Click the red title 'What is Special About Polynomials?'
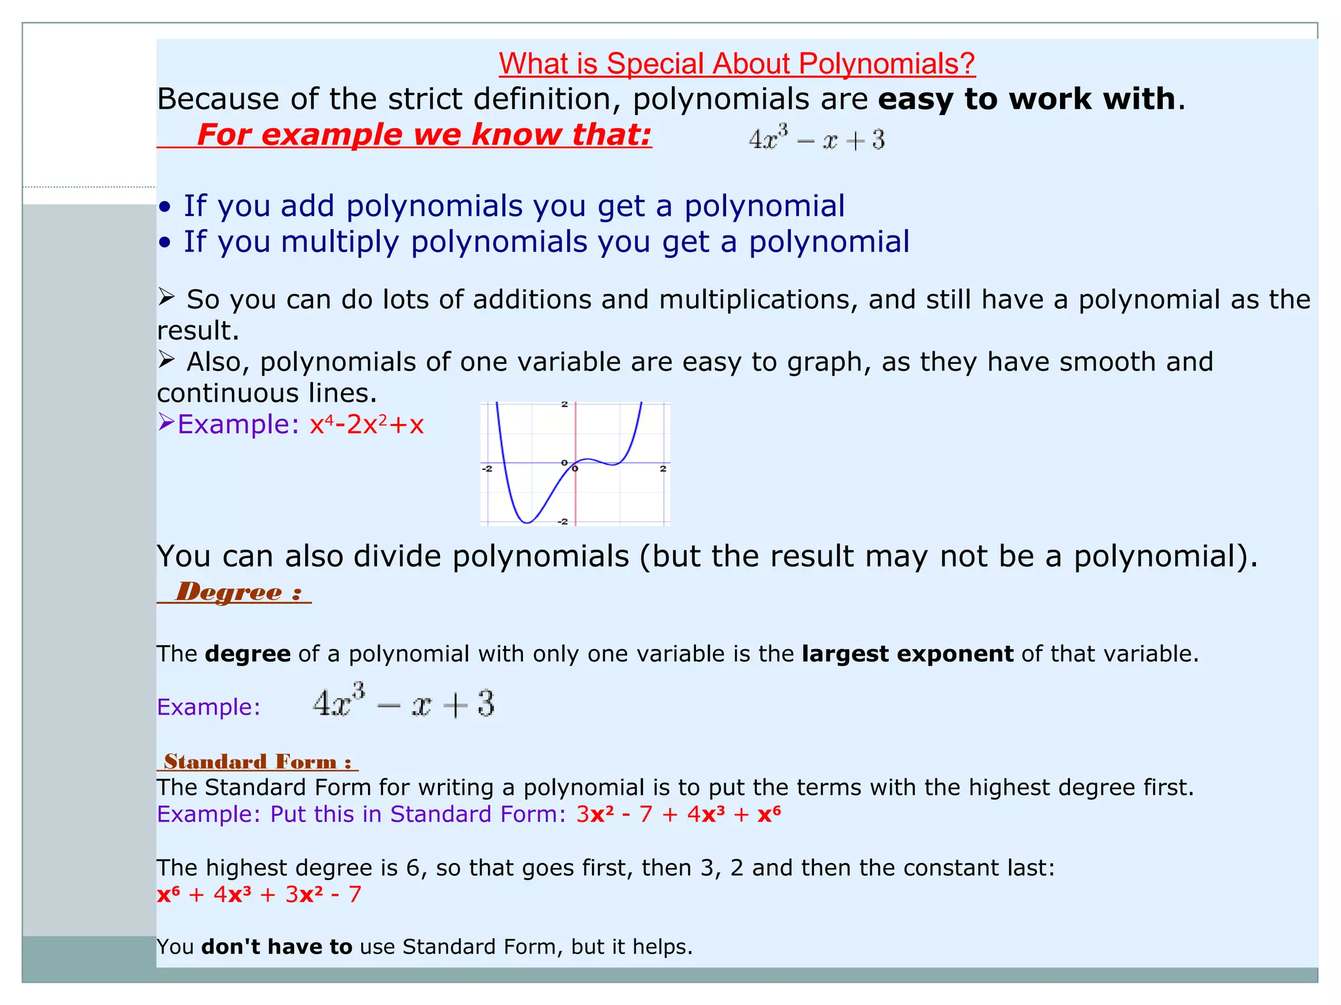[737, 64]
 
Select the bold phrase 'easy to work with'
[1027, 99]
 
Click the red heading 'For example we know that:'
[424, 135]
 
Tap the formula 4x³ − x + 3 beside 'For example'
[817, 139]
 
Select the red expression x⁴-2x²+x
[367, 425]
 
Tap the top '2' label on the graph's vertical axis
[564, 404]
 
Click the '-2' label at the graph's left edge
[487, 468]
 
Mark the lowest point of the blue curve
[527, 522]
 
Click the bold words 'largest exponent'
[907, 654]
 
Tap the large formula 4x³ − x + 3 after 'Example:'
[403, 704]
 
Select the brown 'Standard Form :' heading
[257, 762]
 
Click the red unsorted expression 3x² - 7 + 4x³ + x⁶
[678, 814]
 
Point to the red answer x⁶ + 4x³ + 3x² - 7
[259, 894]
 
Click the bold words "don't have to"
[277, 947]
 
